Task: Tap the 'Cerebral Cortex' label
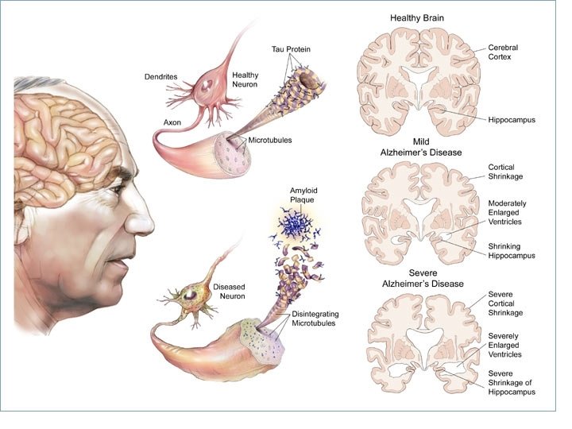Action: [506, 52]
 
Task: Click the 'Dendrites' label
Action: [182, 76]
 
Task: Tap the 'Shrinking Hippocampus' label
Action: [512, 250]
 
